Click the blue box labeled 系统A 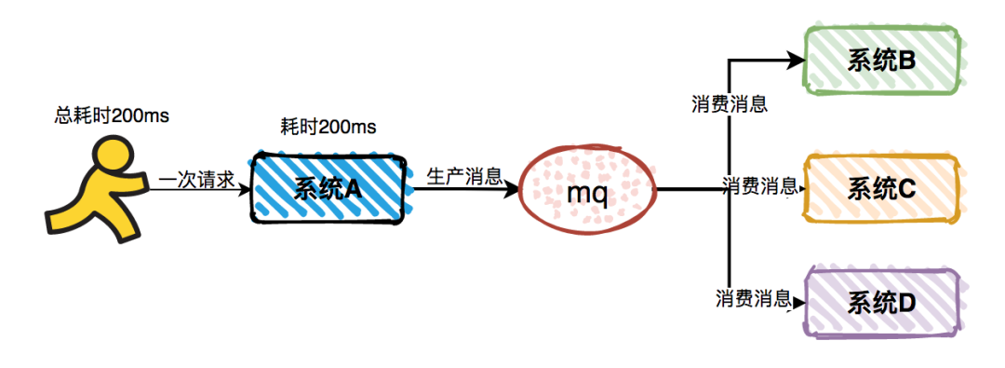(328, 189)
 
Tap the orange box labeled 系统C (880, 189)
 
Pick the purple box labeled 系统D (880, 302)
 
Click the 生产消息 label (464, 176)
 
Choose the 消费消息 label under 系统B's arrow (730, 103)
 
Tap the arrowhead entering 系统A (246, 190)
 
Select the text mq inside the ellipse (588, 194)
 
